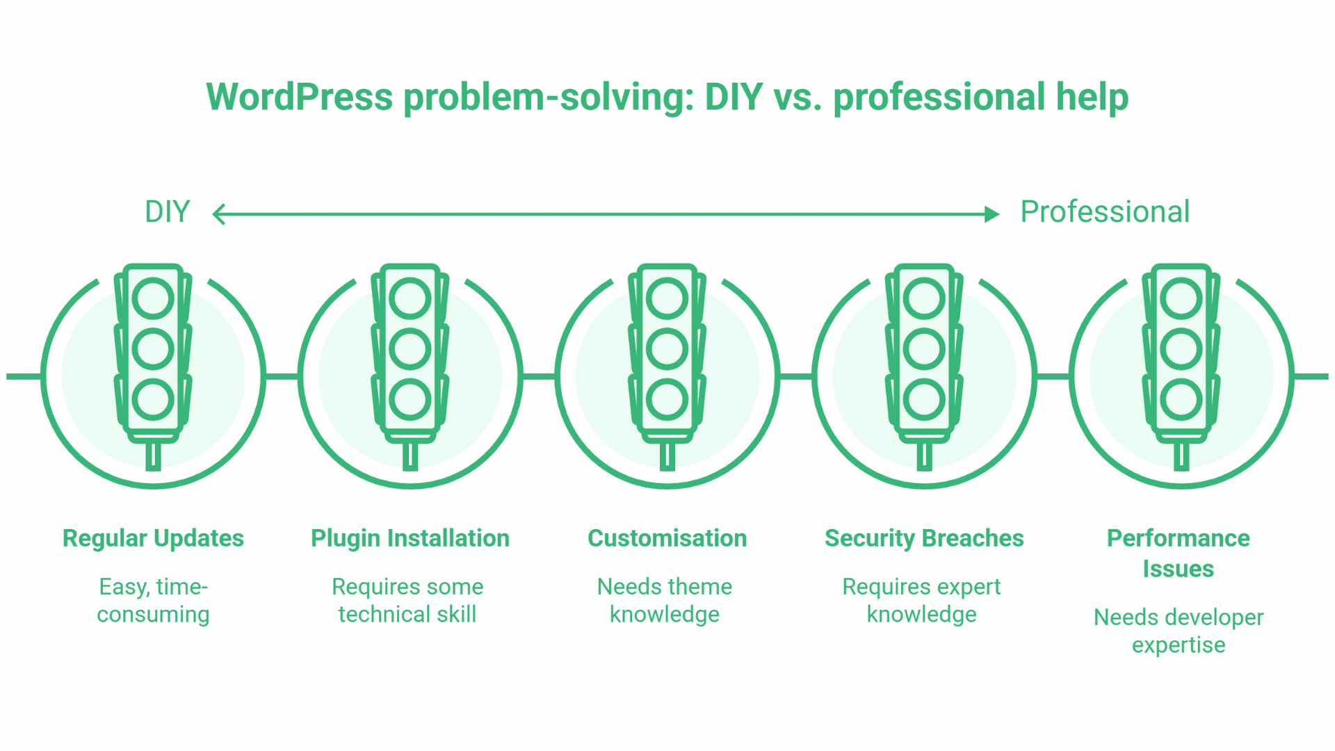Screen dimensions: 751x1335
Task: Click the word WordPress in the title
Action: pos(300,97)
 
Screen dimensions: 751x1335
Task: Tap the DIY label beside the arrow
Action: pos(167,212)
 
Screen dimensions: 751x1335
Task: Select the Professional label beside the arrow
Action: pos(1104,212)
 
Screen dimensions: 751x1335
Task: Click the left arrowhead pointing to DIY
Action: pos(218,214)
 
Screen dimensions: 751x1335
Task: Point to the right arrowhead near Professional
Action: pos(992,214)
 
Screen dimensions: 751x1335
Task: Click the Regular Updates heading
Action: pos(153,538)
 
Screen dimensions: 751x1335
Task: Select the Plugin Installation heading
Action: pos(410,538)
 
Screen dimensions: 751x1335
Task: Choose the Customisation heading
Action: pos(667,538)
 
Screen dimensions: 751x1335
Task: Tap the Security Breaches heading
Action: pos(924,538)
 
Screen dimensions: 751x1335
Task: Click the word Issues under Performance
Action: pos(1179,569)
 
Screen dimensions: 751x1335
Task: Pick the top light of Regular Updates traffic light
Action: pos(153,298)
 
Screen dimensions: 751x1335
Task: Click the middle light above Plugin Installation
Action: pos(410,349)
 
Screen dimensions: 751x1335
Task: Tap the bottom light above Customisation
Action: pos(667,400)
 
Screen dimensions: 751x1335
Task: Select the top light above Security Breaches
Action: pos(924,298)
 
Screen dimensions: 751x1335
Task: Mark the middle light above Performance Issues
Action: pos(1181,349)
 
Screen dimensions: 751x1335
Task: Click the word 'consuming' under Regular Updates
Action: pos(153,615)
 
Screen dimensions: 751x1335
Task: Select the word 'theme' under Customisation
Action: pos(703,587)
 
